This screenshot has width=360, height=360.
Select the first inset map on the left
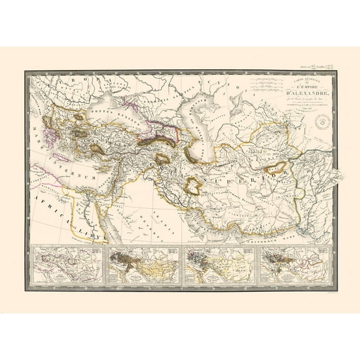67,266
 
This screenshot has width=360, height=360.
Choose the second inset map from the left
145,266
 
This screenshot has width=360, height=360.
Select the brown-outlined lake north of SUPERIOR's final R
274,167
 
